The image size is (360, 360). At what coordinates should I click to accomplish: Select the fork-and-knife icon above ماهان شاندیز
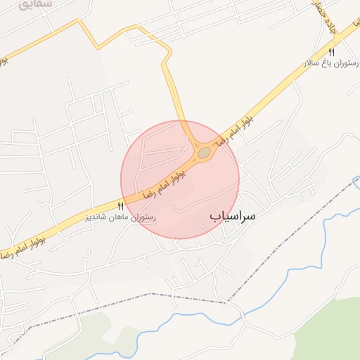click(120, 206)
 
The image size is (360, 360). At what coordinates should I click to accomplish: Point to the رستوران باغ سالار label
click(326, 63)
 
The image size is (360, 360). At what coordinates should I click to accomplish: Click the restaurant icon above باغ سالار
click(331, 52)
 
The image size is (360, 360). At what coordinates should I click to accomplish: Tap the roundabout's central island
click(204, 152)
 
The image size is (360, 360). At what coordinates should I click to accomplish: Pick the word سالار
click(312, 63)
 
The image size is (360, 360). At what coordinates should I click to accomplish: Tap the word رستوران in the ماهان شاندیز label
click(143, 217)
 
